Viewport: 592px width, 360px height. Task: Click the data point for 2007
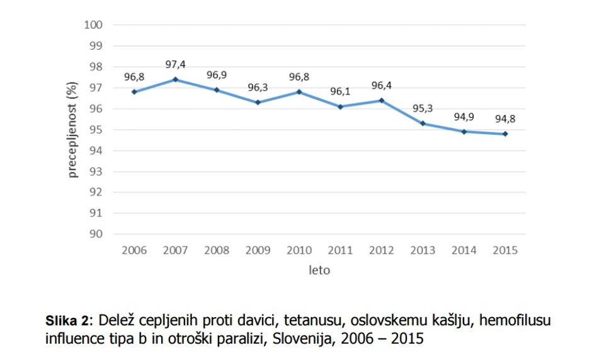[x=175, y=79]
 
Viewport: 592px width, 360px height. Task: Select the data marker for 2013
[x=423, y=123]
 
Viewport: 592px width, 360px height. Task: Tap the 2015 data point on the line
[x=505, y=133]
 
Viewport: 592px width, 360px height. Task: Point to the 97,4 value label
[x=175, y=65]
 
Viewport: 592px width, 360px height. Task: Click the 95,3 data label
[x=423, y=109]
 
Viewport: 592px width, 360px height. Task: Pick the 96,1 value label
[x=340, y=92]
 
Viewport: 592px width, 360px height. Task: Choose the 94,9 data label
[x=464, y=117]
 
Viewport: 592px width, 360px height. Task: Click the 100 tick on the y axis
[x=93, y=25]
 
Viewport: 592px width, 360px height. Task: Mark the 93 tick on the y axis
[x=96, y=171]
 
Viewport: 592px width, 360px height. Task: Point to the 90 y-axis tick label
[x=96, y=233]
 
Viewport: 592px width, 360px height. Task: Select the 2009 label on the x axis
[x=258, y=250]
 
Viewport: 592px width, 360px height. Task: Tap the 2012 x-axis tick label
[x=381, y=250]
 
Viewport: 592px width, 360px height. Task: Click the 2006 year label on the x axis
[x=134, y=250]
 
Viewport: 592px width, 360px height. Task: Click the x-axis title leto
[x=319, y=271]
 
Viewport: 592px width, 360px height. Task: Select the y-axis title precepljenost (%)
[x=73, y=129]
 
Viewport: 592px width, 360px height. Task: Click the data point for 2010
[x=299, y=92]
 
